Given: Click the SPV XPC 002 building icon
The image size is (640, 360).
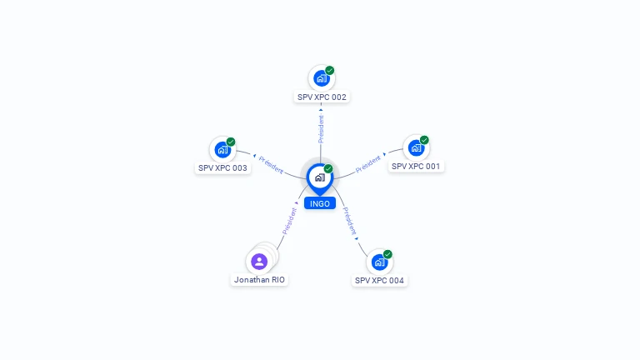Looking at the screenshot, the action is (322, 78).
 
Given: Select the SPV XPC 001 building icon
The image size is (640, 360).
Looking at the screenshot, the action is (416, 148).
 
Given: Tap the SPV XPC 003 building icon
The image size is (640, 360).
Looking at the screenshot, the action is (222, 150).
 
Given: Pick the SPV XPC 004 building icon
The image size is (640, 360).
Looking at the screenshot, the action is (379, 262).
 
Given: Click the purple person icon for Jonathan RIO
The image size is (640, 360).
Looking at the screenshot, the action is (259, 262).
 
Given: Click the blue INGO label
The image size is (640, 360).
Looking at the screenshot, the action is (320, 203).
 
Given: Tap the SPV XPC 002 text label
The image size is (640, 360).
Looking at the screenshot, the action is (322, 97).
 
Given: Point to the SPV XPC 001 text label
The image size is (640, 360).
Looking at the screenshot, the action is (416, 167).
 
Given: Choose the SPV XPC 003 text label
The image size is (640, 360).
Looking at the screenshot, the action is (222, 168).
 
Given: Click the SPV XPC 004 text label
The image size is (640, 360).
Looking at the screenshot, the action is (379, 280).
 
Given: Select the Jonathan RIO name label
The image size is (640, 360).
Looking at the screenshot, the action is (259, 280).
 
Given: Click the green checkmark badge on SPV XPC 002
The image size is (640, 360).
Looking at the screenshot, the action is (330, 70).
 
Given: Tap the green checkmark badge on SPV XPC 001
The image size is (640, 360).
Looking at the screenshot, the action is (424, 140).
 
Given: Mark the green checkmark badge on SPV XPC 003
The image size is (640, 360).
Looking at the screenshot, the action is (231, 142).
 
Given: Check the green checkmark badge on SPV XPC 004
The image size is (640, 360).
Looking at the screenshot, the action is (387, 254).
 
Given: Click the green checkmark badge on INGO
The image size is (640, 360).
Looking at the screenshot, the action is (328, 168).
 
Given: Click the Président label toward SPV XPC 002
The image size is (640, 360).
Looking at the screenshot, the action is (321, 129).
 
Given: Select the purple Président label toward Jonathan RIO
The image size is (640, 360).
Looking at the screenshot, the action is (289, 221).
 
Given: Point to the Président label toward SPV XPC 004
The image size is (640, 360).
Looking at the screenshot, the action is (349, 221).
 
